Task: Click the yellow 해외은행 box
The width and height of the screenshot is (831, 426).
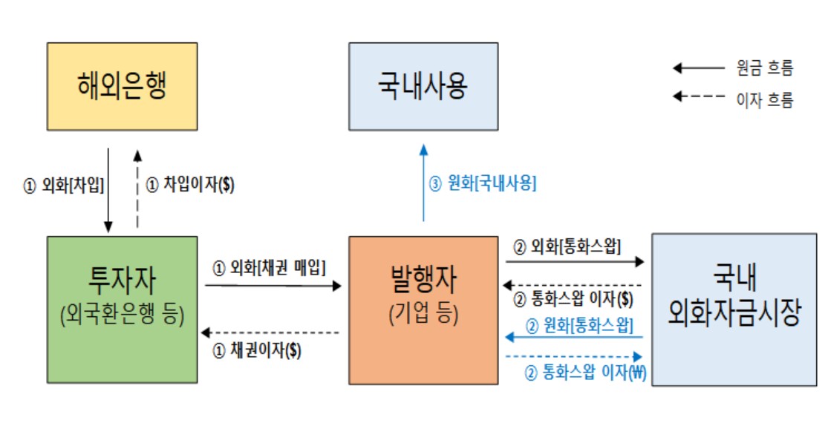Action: tap(122, 86)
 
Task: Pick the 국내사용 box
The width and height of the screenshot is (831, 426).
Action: tap(423, 86)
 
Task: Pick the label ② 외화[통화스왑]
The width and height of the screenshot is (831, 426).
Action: tap(567, 246)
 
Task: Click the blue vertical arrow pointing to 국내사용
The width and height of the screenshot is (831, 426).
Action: tap(423, 182)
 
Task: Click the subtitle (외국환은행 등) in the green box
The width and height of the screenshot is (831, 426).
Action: tap(122, 315)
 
